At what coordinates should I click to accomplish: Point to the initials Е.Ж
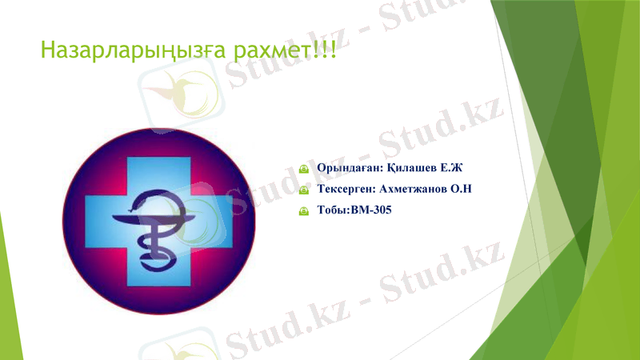pos(452,168)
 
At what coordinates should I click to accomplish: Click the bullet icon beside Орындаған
pos(304,170)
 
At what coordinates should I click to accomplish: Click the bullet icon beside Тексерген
pos(304,191)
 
